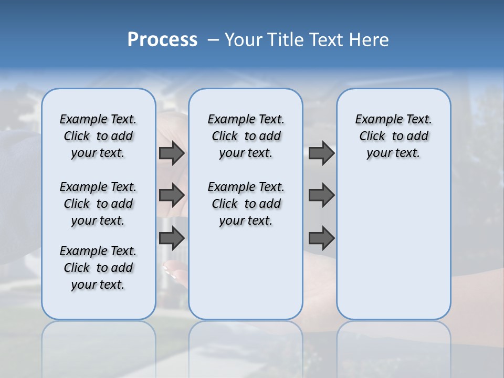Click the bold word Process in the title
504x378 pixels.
(162, 40)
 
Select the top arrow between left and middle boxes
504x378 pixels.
(172, 153)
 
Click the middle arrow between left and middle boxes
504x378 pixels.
(172, 195)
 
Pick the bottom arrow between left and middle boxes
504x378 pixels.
(172, 238)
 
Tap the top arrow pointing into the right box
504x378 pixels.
(321, 153)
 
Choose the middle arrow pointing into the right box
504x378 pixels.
(321, 195)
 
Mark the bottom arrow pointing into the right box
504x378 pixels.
(321, 238)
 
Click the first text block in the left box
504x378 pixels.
(98, 136)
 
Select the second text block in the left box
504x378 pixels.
(98, 204)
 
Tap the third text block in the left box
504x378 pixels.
(98, 268)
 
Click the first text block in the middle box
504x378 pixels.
(246, 136)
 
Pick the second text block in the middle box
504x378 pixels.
(246, 204)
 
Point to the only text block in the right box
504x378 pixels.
(393, 136)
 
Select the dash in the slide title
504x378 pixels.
(213, 40)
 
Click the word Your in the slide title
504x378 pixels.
(244, 40)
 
